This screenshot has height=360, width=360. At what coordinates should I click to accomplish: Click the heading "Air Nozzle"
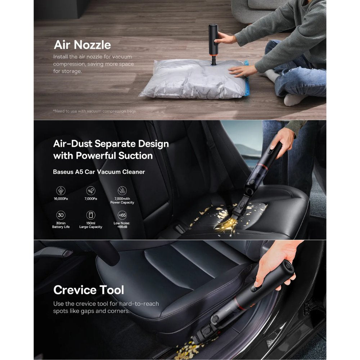pos(82,45)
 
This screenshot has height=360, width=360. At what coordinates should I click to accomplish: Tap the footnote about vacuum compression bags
pos(94,111)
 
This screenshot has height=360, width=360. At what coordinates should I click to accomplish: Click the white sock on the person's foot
pos(292,100)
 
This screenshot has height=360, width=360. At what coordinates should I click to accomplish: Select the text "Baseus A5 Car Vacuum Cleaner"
pos(99,172)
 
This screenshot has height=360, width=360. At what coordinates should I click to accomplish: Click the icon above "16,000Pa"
pos(61,190)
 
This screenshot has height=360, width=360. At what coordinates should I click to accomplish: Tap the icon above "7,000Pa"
pos(91,190)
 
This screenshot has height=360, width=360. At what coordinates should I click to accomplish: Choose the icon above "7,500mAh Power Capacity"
pos(122,190)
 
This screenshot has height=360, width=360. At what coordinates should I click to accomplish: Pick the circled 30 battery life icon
pos(61,215)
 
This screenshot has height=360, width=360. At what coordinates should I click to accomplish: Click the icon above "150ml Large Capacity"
pos(91,215)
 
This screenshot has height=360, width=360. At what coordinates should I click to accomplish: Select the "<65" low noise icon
pos(122,215)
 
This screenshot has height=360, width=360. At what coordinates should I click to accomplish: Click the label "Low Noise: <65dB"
pos(122,225)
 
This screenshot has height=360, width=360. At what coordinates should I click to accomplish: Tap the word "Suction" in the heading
pos(135,156)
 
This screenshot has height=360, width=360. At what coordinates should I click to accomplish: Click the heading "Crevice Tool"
pos(89,290)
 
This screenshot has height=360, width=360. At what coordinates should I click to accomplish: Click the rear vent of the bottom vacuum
pos(289,267)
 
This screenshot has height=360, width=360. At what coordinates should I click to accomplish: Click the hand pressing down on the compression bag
pos(242,71)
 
